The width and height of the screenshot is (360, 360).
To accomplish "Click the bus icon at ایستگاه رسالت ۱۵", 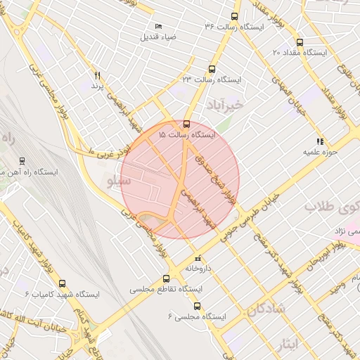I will tap(186, 122).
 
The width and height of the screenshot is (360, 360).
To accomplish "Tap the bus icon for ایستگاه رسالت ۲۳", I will tap(212, 69).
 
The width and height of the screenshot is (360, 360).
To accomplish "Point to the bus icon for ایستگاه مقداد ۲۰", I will tap(300, 42).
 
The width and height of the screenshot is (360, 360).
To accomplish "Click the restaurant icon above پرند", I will tap(98, 75).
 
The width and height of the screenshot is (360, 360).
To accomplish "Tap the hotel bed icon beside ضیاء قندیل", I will tap(157, 26).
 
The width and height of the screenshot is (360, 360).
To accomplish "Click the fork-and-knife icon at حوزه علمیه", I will tap(321, 141).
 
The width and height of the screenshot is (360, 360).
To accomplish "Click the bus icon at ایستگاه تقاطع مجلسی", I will tap(166, 278).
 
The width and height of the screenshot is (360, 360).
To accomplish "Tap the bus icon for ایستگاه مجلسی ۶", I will tap(196, 306).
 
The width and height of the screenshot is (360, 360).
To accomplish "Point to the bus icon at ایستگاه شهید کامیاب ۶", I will tap(63, 283).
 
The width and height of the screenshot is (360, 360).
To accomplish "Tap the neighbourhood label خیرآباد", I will tap(224, 106).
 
